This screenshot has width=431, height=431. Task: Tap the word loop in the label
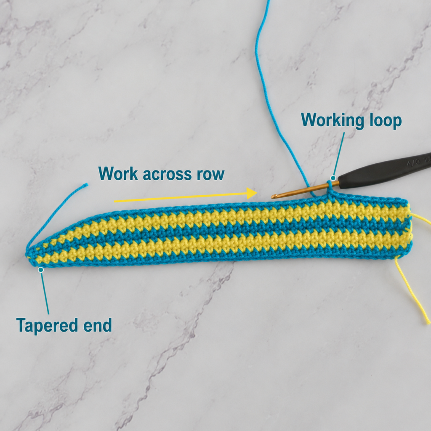[386, 120]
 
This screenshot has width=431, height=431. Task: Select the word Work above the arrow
[118, 173]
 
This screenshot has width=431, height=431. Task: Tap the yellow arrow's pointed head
[252, 193]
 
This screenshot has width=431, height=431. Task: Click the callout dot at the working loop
[333, 178]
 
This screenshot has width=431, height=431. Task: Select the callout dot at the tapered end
[41, 270]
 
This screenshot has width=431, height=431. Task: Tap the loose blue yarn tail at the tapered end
[58, 214]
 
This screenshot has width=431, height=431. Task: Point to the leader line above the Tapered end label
[45, 292]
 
